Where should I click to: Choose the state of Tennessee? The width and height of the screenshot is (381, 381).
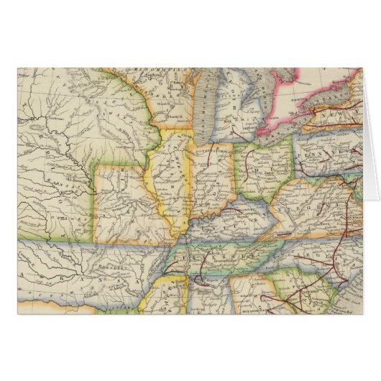(x=216, y=255)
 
